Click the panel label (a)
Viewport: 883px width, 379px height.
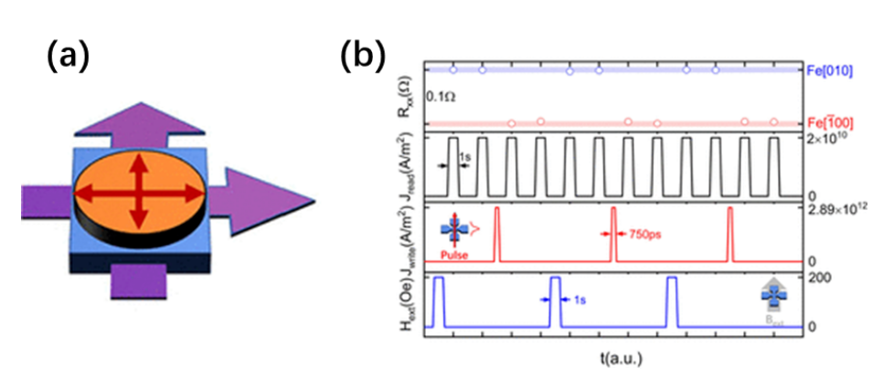click(69, 57)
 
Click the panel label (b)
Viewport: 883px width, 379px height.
click(363, 57)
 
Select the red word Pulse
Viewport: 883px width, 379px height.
click(453, 256)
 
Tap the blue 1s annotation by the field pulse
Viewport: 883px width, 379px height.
click(579, 298)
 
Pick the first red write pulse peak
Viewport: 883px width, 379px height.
click(496, 212)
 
